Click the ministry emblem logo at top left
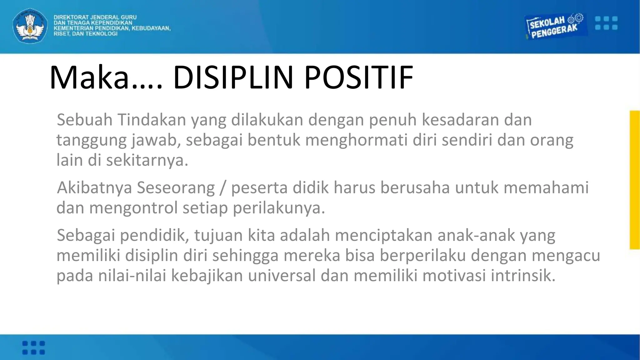[30, 26]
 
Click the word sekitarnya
[147, 160]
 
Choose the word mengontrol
[133, 208]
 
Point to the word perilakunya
[279, 208]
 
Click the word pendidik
[155, 235]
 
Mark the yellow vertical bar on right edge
[634, 180]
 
